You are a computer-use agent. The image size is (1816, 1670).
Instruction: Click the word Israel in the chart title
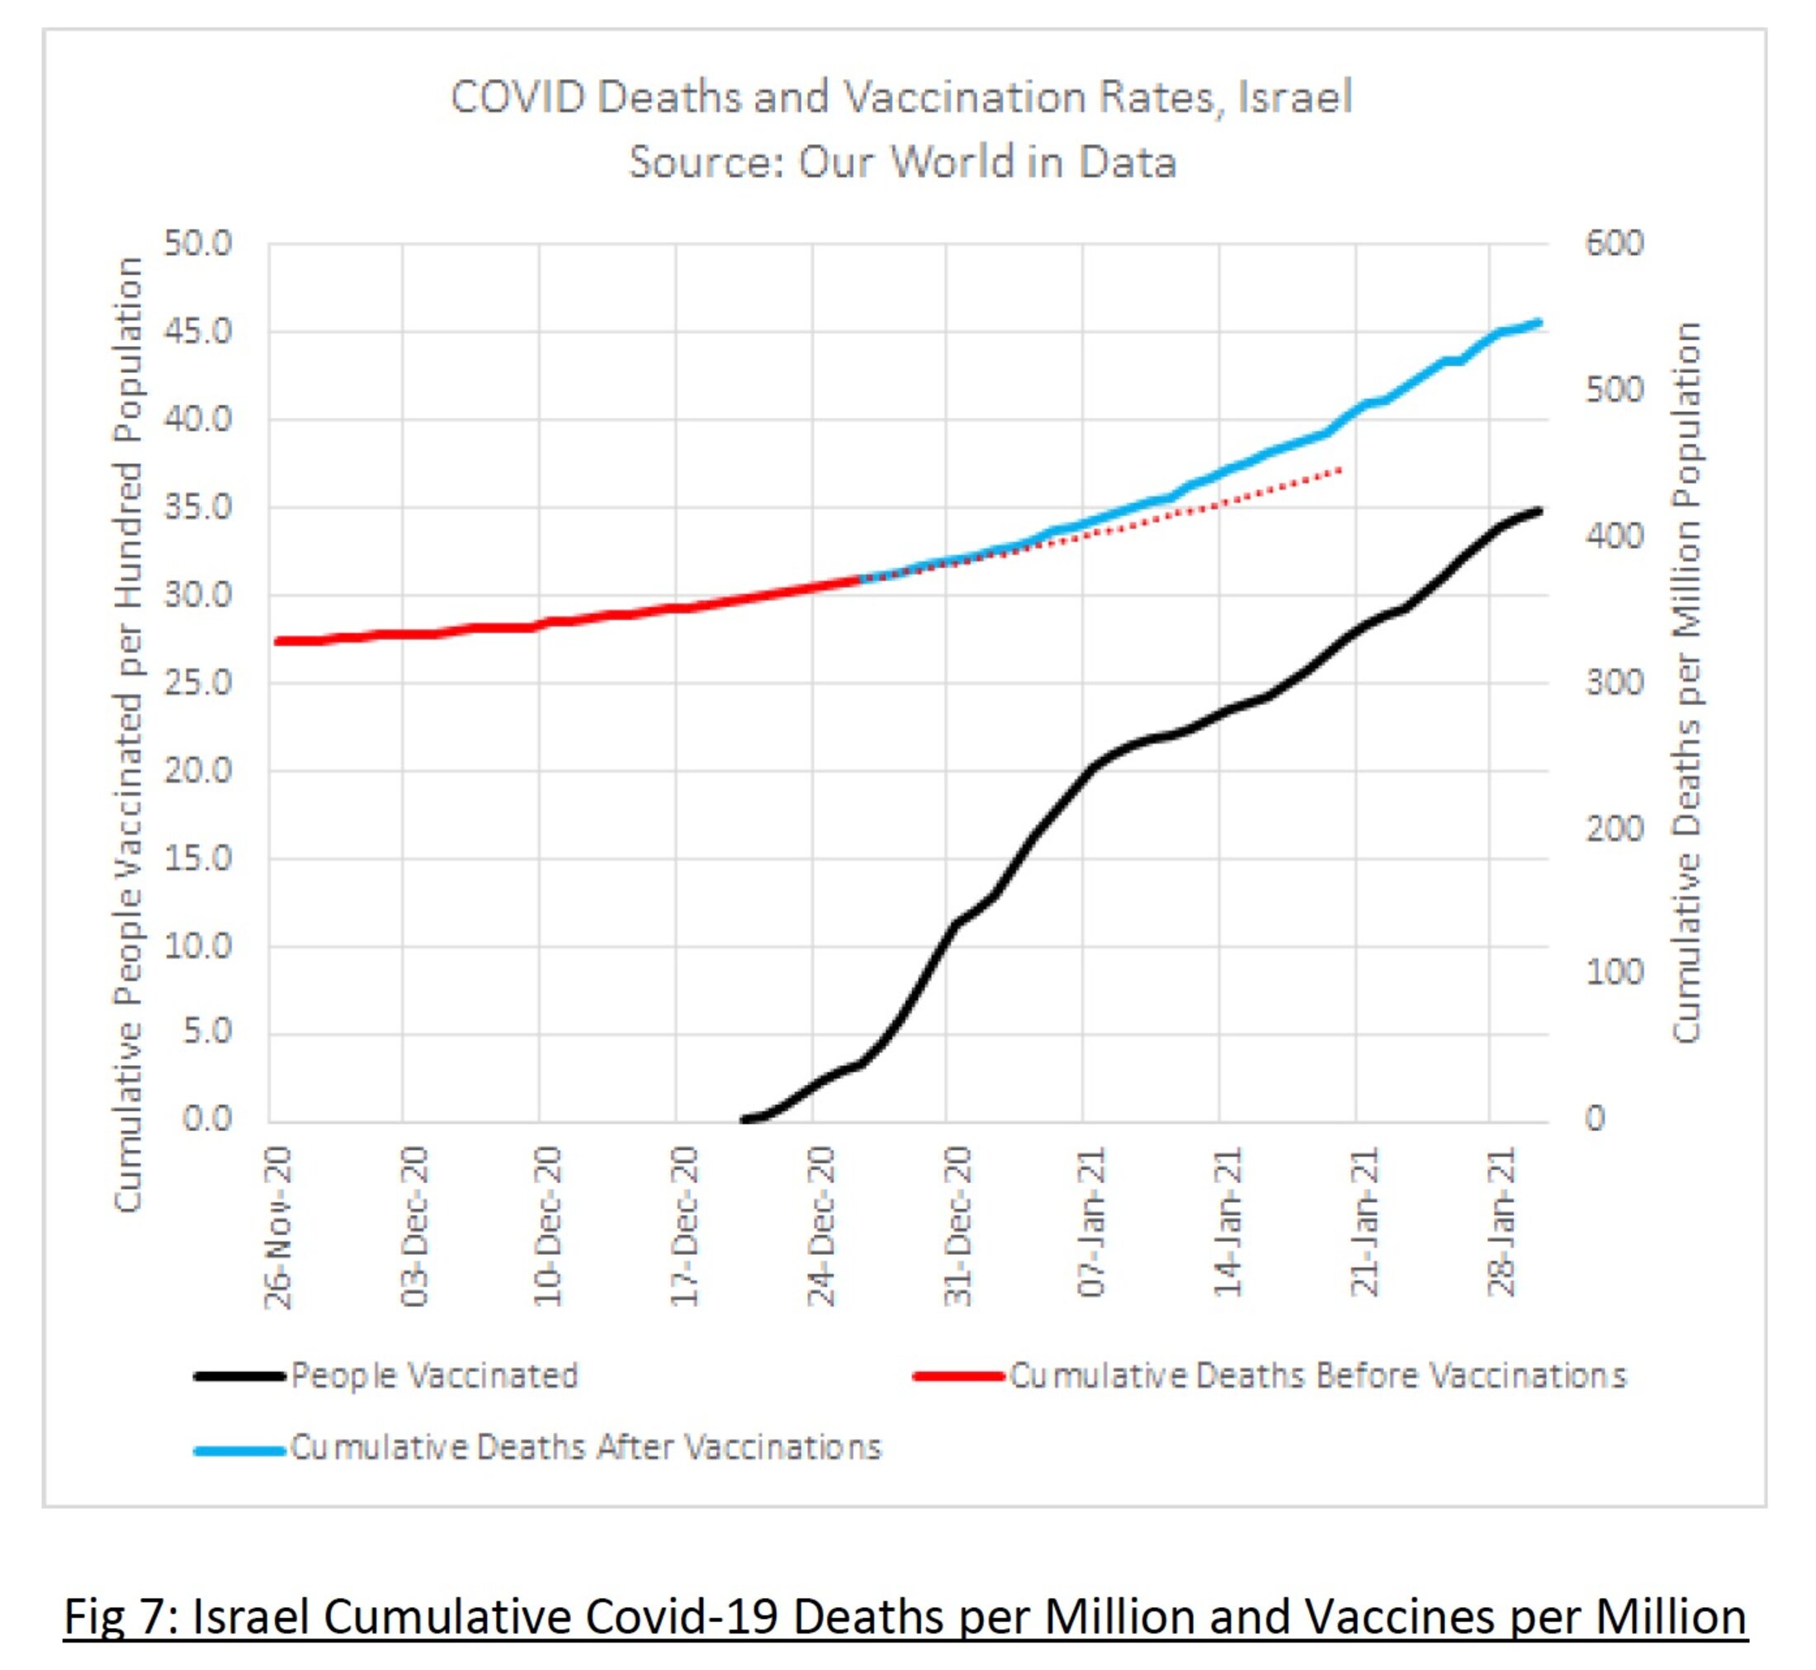tap(1293, 97)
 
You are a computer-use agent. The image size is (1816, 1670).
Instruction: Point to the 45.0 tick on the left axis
tap(198, 332)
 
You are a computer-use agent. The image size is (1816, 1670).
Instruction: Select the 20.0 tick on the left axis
tap(198, 771)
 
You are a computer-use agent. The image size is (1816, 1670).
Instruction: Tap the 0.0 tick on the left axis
tap(207, 1119)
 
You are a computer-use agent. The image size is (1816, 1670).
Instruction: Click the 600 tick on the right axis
tap(1614, 243)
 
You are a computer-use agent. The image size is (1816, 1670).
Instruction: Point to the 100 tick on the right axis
tap(1614, 973)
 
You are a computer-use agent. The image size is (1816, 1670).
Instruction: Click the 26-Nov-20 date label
tap(278, 1228)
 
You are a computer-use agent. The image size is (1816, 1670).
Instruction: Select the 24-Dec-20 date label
tap(821, 1228)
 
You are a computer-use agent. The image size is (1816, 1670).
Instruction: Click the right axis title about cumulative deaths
tap(1686, 682)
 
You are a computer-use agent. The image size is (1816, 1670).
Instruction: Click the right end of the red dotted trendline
tap(1341, 470)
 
